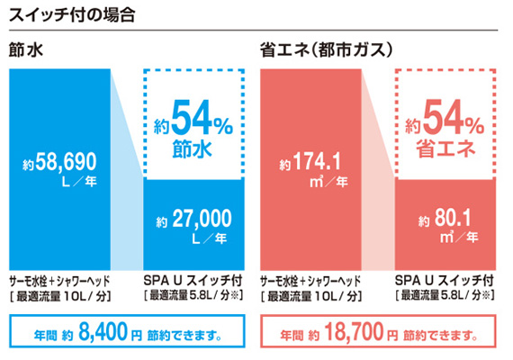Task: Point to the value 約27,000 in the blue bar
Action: click(193, 218)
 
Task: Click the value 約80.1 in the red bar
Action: click(447, 219)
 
